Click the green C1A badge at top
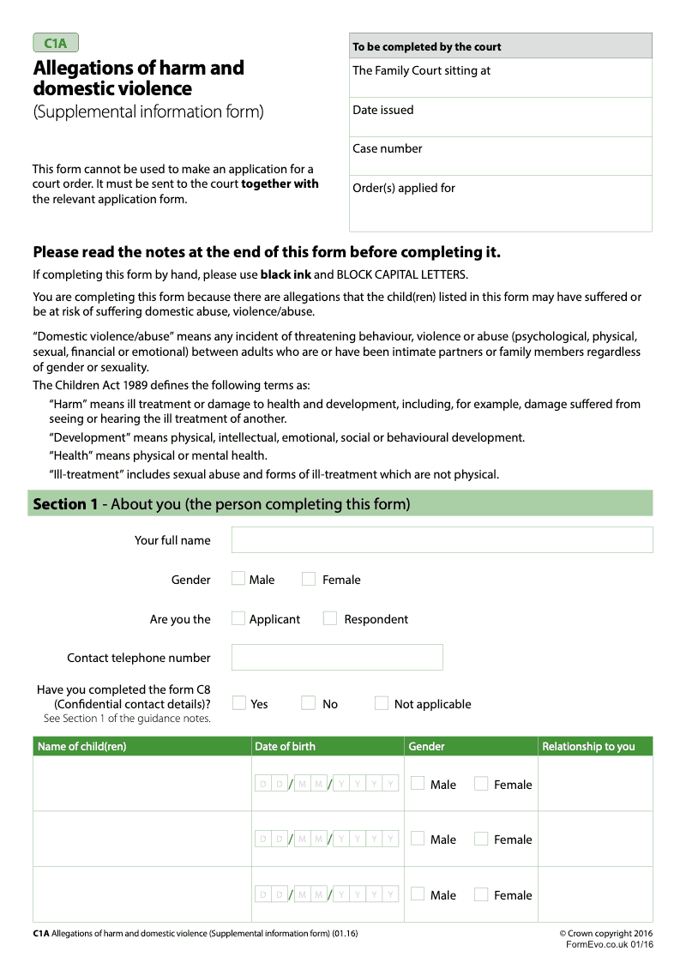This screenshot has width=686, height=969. [56, 43]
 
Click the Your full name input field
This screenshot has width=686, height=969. [442, 539]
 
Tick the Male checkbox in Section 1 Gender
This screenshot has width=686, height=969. [238, 579]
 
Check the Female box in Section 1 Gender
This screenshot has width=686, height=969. [309, 579]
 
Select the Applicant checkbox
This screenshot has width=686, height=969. [238, 618]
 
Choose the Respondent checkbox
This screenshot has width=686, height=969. [330, 618]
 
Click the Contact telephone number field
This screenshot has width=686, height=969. [337, 657]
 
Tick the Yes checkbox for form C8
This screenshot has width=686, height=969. [240, 703]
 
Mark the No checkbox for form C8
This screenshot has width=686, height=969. [309, 703]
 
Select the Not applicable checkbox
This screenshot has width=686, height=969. [382, 703]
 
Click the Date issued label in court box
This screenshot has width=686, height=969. [382, 110]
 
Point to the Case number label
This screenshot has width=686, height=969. [387, 148]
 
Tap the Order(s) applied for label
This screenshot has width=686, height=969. [404, 188]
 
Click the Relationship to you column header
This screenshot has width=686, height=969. [588, 747]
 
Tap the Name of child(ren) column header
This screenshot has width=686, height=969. [81, 747]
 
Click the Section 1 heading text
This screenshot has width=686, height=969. [221, 504]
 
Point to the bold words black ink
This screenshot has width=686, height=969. [286, 275]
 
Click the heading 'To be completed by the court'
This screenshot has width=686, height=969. [426, 46]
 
